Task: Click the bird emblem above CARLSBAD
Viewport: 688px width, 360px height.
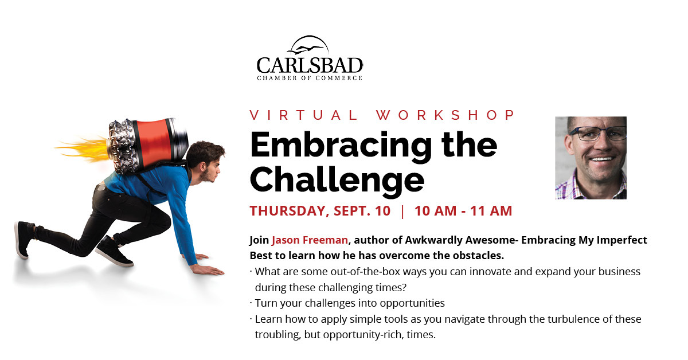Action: [307, 48]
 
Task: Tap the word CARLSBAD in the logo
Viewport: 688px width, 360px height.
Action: [310, 65]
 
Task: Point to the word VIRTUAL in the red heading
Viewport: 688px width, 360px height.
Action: [304, 115]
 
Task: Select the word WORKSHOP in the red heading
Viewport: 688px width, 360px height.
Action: [445, 115]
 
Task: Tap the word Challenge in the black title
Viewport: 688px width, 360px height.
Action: [337, 181]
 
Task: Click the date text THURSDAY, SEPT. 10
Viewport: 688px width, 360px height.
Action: [320, 211]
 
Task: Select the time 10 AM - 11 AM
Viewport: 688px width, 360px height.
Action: [463, 211]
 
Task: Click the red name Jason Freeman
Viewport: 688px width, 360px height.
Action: [310, 240]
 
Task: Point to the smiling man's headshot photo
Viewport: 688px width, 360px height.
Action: [591, 158]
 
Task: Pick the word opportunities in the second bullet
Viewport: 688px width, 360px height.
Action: [412, 303]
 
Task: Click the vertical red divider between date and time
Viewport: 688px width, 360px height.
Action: [402, 212]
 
